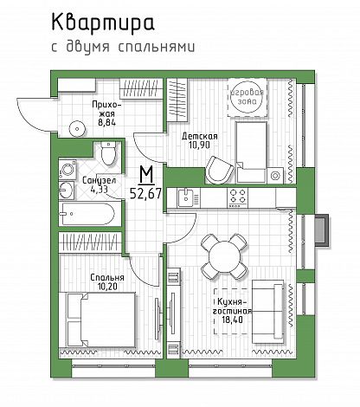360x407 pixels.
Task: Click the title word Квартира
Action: (103, 23)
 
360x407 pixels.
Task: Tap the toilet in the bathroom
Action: (108, 153)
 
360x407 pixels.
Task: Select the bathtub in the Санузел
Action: (89, 214)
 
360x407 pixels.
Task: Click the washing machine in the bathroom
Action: (67, 170)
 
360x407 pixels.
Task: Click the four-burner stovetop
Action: (238, 197)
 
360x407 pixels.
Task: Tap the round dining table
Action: (224, 256)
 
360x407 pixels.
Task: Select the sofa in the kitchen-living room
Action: (268, 312)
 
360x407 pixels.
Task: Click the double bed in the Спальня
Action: (101, 320)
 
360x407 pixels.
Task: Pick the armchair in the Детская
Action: (220, 171)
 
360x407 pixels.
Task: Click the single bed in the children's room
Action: (251, 152)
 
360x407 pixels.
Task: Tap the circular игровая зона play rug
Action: (247, 97)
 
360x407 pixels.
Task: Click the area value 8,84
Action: (106, 122)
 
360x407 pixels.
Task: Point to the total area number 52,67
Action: (145, 193)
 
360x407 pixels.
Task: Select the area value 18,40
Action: (232, 320)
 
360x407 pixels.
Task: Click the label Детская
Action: (200, 136)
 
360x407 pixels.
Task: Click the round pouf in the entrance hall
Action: (77, 129)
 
